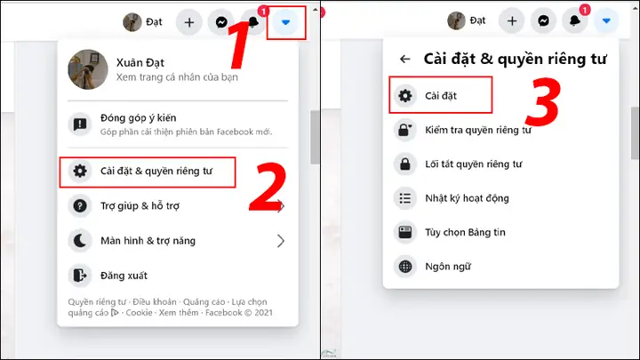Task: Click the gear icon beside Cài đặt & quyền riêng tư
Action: (x=80, y=171)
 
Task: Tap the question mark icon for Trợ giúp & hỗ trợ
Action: (x=80, y=206)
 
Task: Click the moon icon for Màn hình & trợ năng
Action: (x=80, y=241)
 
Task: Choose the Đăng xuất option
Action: (x=124, y=276)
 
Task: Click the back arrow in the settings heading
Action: (x=405, y=60)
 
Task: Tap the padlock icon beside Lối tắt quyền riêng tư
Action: (x=404, y=164)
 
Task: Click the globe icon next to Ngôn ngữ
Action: (x=404, y=266)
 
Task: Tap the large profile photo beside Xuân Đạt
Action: (x=88, y=68)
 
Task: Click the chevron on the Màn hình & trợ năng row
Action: (x=281, y=241)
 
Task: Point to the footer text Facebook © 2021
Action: (x=239, y=313)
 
